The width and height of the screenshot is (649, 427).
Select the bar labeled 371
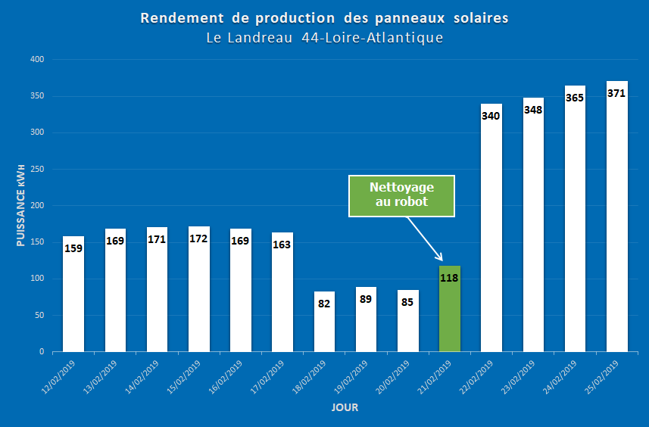616,220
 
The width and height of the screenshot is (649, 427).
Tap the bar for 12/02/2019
73,295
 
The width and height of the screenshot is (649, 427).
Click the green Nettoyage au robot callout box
401,196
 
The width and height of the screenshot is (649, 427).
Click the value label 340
491,116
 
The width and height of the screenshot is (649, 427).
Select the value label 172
198,239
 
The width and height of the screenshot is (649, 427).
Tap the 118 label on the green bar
450,277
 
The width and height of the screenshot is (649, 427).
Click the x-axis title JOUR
345,408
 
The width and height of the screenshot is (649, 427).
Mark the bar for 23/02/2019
533,227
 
